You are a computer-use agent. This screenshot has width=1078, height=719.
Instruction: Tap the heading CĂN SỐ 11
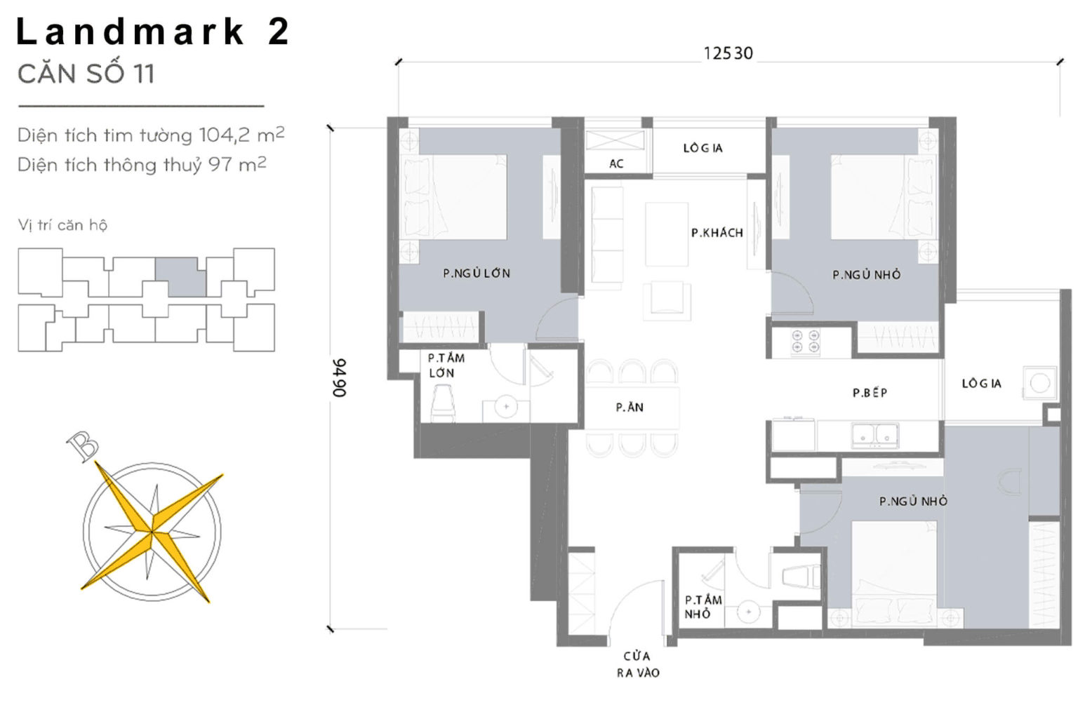tap(86, 74)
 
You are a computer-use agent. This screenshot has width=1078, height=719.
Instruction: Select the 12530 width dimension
tap(728, 53)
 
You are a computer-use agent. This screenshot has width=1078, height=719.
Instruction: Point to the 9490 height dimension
tap(340, 377)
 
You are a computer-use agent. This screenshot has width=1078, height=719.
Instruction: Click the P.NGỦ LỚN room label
tap(477, 274)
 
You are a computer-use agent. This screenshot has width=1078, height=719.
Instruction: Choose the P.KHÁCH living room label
tap(717, 233)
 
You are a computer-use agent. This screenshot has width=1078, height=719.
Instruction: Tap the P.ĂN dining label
tap(630, 407)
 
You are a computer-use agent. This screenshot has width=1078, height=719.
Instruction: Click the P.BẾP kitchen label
tap(870, 393)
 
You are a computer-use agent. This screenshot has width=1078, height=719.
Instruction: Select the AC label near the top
tap(616, 163)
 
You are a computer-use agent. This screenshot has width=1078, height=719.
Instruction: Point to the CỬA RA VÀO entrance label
tap(637, 664)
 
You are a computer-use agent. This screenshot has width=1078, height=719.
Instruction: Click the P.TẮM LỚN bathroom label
tap(446, 365)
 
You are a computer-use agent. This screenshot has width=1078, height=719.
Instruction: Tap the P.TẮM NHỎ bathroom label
tap(703, 607)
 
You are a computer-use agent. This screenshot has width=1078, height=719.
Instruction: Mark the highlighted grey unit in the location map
tap(180, 276)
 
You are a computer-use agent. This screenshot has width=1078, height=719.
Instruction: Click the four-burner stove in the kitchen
tap(805, 341)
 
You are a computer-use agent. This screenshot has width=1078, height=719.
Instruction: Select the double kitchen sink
tap(874, 435)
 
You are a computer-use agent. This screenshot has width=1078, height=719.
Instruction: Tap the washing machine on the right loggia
tap(1039, 383)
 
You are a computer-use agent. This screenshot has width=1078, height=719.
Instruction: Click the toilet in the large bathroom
tap(444, 405)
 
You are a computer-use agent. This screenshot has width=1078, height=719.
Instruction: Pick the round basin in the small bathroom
tap(748, 612)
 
